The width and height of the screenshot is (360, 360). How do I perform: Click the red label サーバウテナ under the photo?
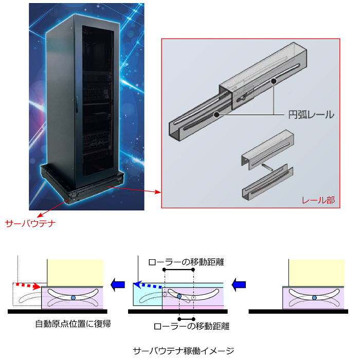pos(30,223)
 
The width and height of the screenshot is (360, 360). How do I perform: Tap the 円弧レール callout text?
pos(311,115)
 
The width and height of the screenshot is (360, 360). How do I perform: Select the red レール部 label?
pos(318,200)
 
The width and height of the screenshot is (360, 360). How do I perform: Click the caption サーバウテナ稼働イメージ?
pos(184,351)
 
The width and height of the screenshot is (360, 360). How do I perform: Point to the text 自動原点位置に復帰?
pos(73,323)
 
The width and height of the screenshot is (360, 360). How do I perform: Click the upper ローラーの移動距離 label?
pos(186,262)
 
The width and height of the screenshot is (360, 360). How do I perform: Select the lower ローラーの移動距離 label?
pos(191,326)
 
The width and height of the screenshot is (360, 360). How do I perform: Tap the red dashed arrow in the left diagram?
pos(27,285)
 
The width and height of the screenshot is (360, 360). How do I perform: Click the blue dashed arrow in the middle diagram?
pos(148,285)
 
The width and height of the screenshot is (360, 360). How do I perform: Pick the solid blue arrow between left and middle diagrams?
pos(118,285)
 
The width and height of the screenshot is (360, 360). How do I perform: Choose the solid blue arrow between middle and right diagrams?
pos(239,285)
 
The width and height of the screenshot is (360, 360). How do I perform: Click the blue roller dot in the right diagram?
pos(314,298)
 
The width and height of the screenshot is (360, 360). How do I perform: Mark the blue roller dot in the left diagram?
pos(73,298)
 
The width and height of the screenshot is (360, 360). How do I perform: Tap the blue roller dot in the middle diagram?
pos(179,296)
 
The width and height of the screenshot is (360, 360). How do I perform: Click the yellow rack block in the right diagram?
pos(316,273)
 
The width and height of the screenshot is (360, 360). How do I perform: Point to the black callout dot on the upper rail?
pos(274,81)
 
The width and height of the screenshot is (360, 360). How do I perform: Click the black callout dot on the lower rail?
pos(217,114)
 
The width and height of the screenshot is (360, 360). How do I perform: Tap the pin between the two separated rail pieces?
pos(267,167)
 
